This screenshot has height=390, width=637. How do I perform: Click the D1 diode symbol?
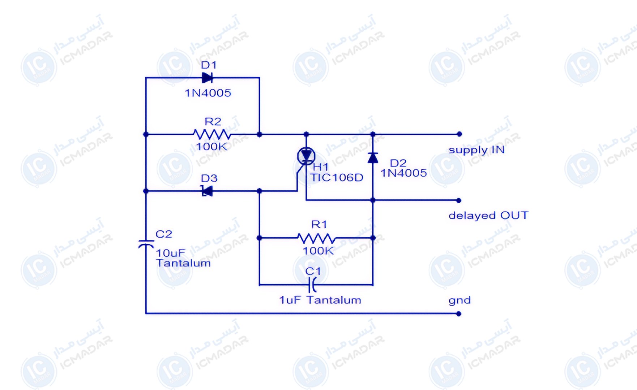pos(207,78)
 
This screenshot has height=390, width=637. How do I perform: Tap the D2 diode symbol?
pos(373,158)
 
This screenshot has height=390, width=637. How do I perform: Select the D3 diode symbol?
pos(207,191)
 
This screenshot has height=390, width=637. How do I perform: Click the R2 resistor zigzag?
pos(212,135)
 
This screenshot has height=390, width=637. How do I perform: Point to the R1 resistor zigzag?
pos(316,238)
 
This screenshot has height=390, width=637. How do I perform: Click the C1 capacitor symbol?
pos(312,285)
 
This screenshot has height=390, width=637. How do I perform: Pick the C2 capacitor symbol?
pos(146,244)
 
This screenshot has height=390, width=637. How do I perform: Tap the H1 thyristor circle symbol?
pos(306,156)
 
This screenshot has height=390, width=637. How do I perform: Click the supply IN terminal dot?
pos(459,134)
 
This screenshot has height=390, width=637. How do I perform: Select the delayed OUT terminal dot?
pos(459,200)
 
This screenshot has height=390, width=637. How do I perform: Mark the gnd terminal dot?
pos(459,314)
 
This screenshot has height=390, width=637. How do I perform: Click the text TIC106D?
pos(337,178)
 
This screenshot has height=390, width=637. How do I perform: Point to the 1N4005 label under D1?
pos(208,93)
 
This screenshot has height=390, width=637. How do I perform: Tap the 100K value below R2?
pos(212,147)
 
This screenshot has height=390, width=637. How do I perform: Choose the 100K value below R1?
pos(318,251)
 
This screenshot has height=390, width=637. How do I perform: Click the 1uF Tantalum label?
pos(320,300)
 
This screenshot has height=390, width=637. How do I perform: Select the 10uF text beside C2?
pos(171,253)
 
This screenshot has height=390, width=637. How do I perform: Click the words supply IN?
pos(476,150)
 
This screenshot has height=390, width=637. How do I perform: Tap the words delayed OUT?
pos(488,216)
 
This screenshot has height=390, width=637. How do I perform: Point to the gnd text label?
pos(459,300)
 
